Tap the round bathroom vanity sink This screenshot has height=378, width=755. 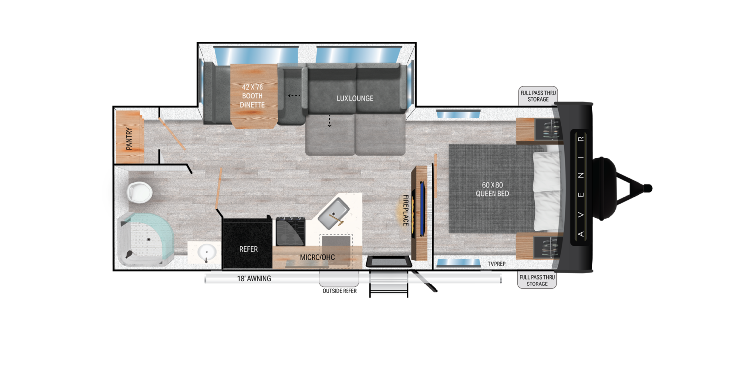click(206, 252)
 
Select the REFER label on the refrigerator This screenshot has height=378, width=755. click(248, 249)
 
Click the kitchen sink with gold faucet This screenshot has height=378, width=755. click(334, 216)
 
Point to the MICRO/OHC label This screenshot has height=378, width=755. click(317, 257)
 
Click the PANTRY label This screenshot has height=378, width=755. click(129, 139)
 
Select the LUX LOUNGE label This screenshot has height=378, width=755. click(354, 98)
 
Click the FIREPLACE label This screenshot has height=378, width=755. click(406, 211)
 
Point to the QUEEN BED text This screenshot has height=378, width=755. click(492, 189)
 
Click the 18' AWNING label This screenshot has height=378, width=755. click(254, 279)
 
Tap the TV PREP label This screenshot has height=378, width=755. click(496, 264)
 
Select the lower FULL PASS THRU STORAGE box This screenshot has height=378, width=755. click(537, 281)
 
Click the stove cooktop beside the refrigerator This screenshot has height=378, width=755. click(290, 231)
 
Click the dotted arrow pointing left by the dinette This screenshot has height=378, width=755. click(294, 95)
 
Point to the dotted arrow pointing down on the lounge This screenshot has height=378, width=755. click(329, 121)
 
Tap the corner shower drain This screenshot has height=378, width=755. click(149, 240)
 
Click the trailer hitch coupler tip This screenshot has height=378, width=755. click(648, 188)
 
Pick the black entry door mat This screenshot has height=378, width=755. click(388, 261)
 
